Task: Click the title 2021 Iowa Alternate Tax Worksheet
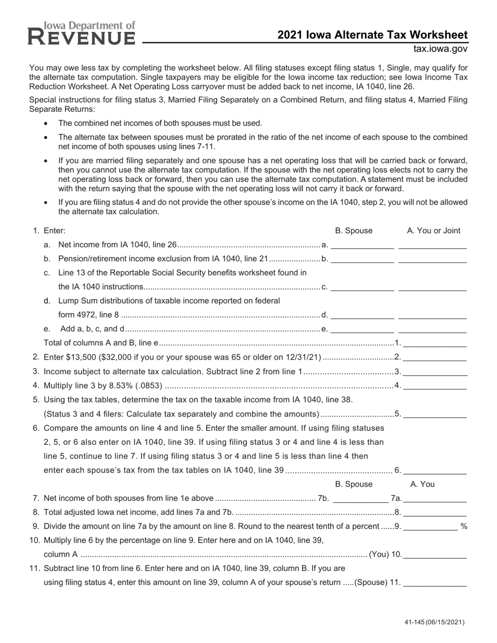click(x=372, y=35)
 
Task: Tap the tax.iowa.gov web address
click(x=440, y=49)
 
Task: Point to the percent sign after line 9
click(x=464, y=526)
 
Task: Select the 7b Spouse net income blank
click(x=360, y=498)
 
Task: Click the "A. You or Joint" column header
click(x=434, y=231)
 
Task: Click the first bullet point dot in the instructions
click(x=46, y=123)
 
